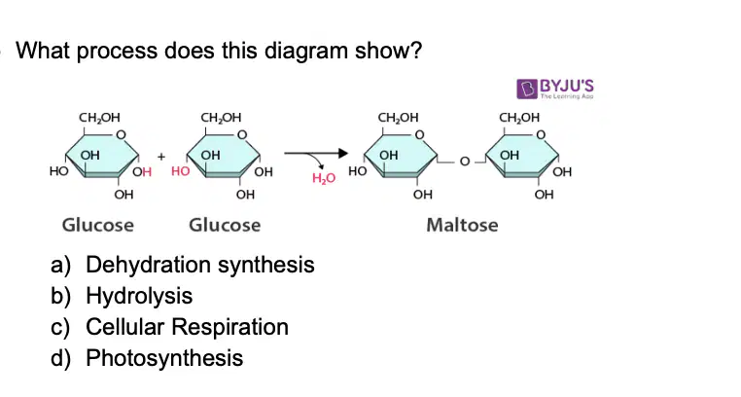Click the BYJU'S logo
(555, 89)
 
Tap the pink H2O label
(324, 178)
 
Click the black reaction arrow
(316, 153)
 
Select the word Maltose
(462, 225)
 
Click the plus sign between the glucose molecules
(161, 157)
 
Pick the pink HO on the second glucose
(180, 171)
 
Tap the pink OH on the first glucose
(142, 171)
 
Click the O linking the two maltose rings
(465, 162)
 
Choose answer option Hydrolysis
(139, 296)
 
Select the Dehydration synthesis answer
(200, 265)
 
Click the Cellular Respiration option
(187, 327)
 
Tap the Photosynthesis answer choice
(164, 358)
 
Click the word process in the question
(117, 51)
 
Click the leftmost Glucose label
(98, 225)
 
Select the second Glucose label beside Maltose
(225, 225)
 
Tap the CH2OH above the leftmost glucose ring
(99, 117)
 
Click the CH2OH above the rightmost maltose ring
(519, 117)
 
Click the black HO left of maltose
(357, 171)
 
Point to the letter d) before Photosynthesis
(60, 358)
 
